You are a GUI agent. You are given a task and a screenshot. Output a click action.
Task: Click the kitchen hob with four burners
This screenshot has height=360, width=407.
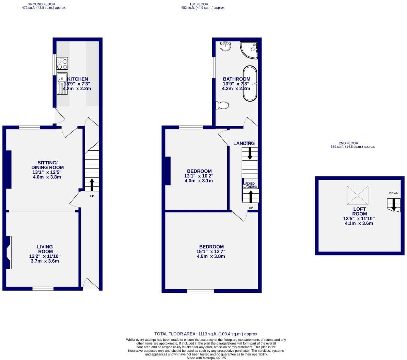pos(62,63)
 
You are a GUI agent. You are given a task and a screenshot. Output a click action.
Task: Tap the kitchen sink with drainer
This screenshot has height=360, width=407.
pos(62,83)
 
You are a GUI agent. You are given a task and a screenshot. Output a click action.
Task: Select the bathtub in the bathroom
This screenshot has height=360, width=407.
pos(250,83)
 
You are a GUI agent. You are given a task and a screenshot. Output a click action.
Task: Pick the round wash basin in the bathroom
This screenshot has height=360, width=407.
pos(225,46)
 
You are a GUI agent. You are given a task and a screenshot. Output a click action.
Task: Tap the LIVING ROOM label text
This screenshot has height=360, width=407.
pos(45,249)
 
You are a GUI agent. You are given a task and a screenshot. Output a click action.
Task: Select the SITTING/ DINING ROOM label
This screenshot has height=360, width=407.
pos(48,165)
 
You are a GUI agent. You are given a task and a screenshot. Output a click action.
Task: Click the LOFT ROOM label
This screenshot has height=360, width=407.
pos(359,211)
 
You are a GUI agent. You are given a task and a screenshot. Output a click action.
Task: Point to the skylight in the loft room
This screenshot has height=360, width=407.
pos(357,195)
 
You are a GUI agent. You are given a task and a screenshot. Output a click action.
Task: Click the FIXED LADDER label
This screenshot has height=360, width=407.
pos(250,185)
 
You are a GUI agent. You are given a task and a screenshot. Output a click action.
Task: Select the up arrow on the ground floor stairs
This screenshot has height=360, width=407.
pos(92,184)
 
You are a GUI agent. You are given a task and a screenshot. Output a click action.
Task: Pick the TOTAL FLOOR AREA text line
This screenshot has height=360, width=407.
pos(206,334)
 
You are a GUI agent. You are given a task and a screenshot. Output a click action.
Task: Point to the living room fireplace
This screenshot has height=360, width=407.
pos(8,252)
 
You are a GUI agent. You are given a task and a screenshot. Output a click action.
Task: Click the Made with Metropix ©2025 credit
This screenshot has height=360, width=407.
pos(206,358)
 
